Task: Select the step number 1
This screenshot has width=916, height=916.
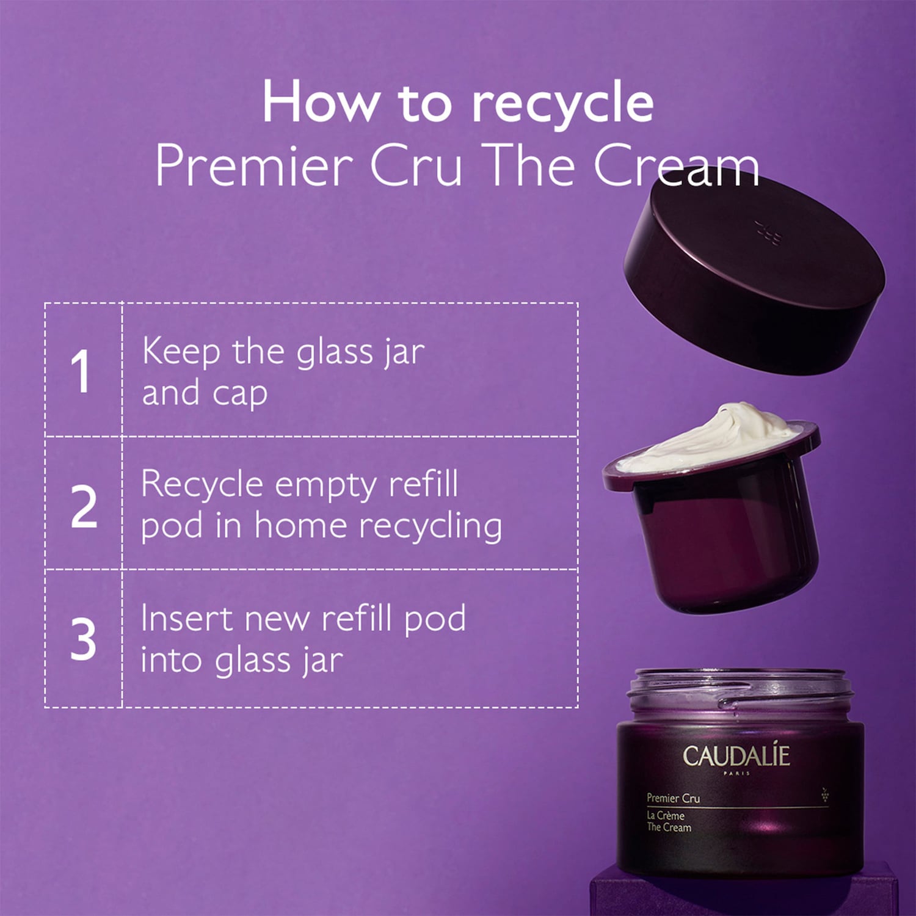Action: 81,371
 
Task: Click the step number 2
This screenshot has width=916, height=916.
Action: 84,506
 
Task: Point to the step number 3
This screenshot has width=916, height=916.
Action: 83,639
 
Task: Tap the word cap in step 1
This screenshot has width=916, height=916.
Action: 240,394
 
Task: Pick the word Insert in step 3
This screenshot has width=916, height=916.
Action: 187,619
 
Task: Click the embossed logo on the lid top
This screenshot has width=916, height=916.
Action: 768,233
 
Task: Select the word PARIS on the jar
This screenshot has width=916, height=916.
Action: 736,773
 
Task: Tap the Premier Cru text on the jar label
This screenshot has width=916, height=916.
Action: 673,798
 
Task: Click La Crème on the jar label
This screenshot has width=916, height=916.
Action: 666,815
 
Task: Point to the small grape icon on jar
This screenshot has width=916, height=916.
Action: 825,794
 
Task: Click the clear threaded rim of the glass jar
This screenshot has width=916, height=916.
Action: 740,690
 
